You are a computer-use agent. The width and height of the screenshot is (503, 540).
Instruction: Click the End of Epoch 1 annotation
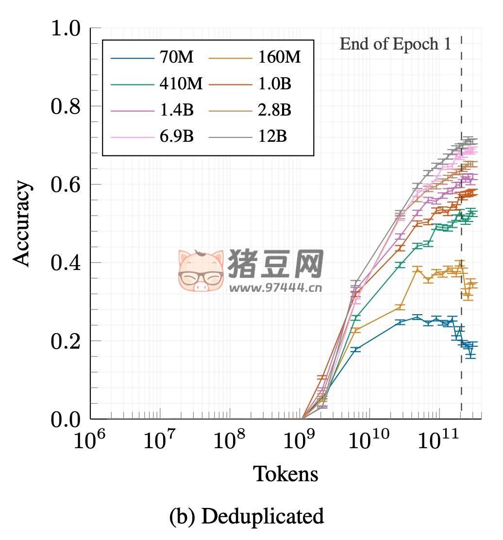pyautogui.click(x=395, y=44)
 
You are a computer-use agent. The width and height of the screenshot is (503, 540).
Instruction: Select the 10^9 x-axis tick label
pyautogui.click(x=298, y=440)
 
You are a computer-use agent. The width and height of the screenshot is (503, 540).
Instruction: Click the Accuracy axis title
pyautogui.click(x=21, y=224)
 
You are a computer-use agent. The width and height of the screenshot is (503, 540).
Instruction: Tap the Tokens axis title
pyautogui.click(x=286, y=473)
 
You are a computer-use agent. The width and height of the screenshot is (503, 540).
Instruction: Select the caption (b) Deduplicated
pyautogui.click(x=246, y=516)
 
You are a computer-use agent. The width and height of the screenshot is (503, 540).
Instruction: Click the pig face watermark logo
pyautogui.click(x=201, y=270)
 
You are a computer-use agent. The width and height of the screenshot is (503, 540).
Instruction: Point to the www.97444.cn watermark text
pyautogui.click(x=275, y=287)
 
